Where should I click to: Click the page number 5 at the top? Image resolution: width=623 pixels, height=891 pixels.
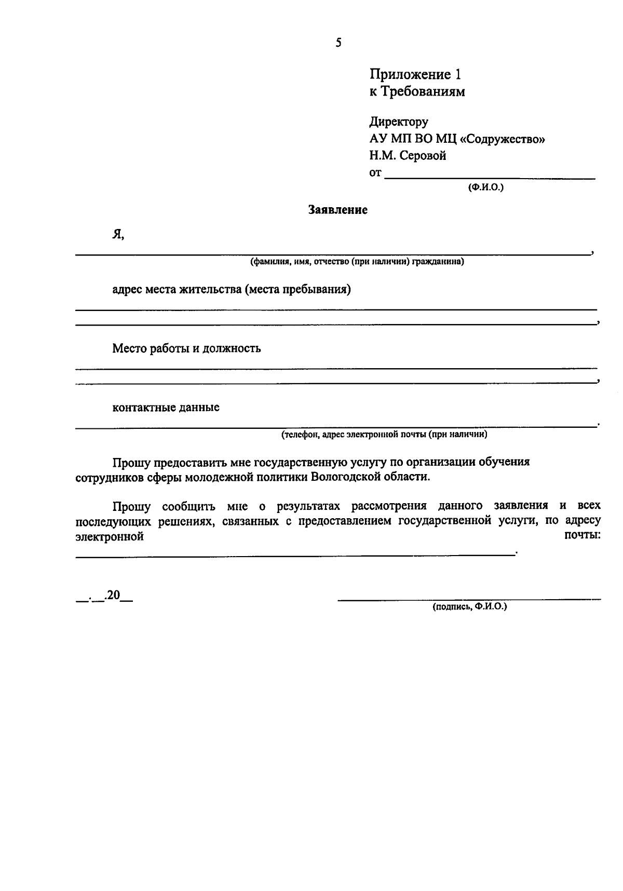coord(338,43)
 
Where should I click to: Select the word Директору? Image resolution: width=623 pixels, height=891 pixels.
coord(399,122)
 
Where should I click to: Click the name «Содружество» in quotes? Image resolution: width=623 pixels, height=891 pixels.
coord(502,139)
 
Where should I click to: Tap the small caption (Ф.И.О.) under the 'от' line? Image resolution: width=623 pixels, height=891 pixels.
coord(485,187)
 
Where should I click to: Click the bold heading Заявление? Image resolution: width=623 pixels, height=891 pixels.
coord(338,210)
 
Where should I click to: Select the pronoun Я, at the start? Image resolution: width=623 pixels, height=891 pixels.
coord(118,235)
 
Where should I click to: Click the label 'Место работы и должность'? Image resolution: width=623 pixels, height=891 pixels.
coord(187,348)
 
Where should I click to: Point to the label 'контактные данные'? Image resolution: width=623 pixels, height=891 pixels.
coord(166,408)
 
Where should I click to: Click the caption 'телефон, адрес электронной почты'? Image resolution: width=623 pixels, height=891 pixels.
coord(384,435)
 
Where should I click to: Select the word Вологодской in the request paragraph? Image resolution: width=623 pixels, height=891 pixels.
coord(343,477)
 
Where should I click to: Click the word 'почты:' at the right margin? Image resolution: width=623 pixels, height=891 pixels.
coord(582,535)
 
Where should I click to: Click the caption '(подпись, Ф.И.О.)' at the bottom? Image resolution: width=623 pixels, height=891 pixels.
coord(469,606)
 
